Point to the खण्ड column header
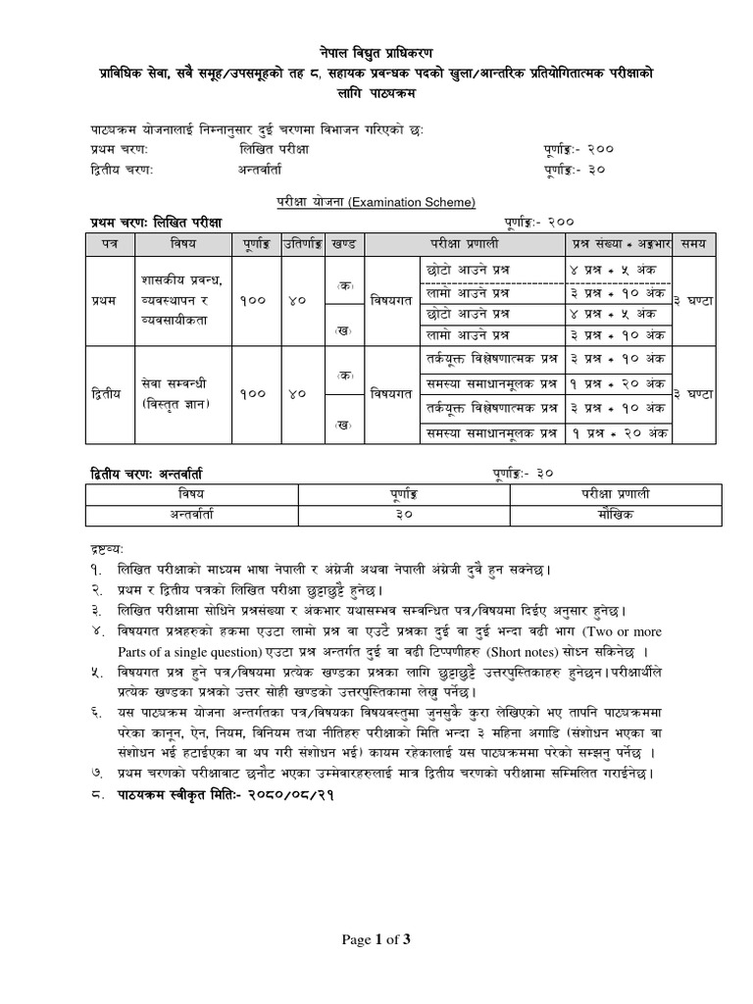point(343,242)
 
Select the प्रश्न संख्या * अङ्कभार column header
point(623,242)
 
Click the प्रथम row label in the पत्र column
point(100,300)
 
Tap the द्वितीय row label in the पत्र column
point(99,392)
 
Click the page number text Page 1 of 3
point(376,940)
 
